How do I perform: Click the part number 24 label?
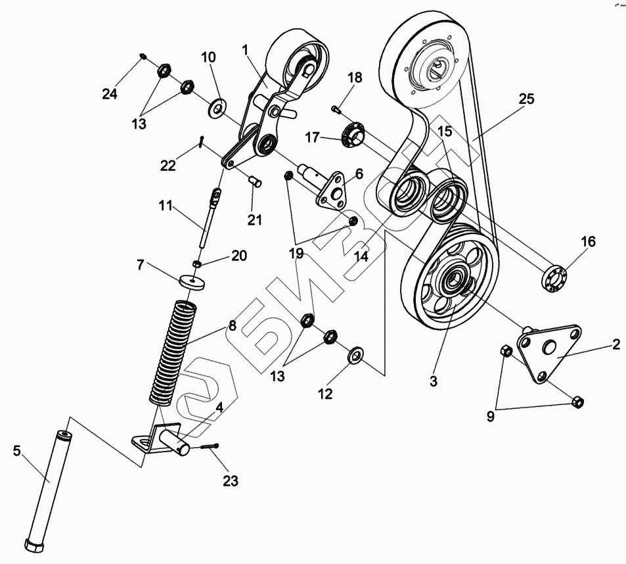(x=109, y=94)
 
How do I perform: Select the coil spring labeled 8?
(x=172, y=352)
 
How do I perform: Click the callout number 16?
(x=587, y=242)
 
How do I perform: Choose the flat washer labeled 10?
(x=216, y=106)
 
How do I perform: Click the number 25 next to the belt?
(x=526, y=99)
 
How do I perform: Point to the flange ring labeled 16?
(x=554, y=277)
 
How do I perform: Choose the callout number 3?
(x=433, y=380)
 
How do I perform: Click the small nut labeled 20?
(x=196, y=264)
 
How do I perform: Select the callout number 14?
(x=361, y=256)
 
